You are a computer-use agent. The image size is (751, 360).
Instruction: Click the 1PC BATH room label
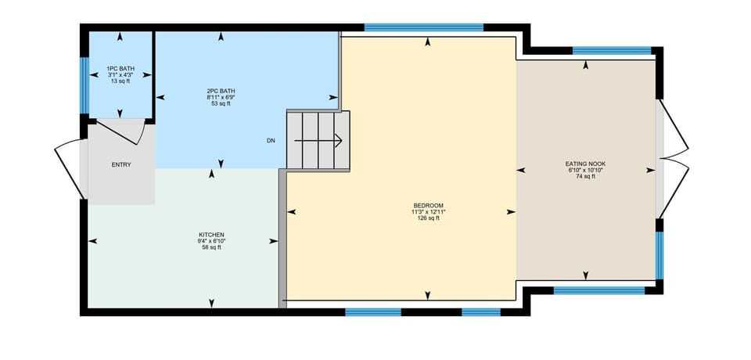tap(120, 69)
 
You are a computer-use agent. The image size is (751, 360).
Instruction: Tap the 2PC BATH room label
tap(221, 91)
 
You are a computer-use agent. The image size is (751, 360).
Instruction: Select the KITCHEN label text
tap(211, 235)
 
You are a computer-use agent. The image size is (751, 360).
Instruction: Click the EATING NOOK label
tap(586, 164)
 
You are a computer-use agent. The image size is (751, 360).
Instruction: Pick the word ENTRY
tap(121, 164)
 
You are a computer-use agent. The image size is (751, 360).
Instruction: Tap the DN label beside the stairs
tap(271, 141)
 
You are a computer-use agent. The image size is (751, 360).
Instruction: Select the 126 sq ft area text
tap(429, 218)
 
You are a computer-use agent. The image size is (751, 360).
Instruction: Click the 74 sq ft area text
tap(586, 177)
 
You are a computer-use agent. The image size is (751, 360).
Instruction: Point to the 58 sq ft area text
tap(211, 247)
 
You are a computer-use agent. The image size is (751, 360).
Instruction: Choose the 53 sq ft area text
tap(221, 103)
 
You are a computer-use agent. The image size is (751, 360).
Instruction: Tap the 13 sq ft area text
tap(120, 81)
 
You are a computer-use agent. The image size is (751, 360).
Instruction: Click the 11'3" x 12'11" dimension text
tap(429, 211)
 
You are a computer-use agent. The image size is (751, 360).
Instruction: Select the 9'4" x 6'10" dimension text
tap(211, 241)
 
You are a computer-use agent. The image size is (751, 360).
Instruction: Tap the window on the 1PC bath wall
tap(84, 75)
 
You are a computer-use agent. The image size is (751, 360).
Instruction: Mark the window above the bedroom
tap(423, 27)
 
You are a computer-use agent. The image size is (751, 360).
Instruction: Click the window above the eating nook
tap(612, 51)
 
